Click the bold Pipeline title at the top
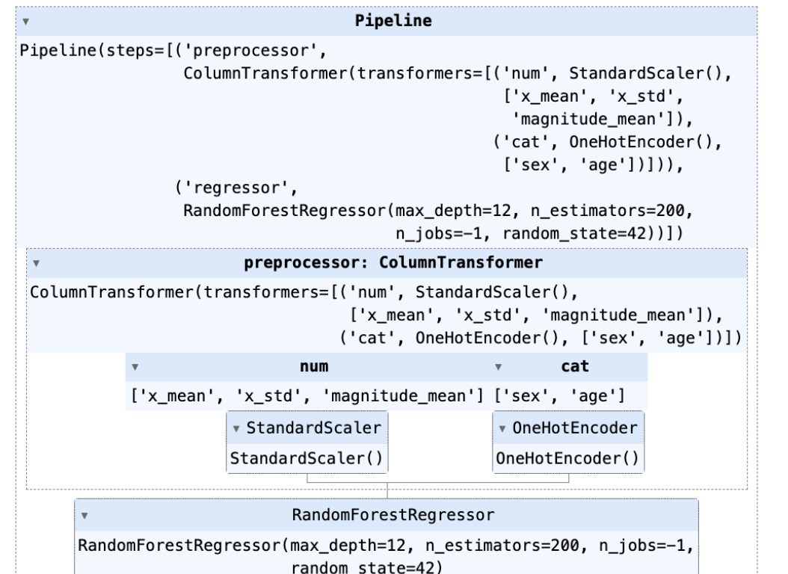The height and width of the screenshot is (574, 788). [393, 21]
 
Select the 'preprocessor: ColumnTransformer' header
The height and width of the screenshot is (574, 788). [393, 264]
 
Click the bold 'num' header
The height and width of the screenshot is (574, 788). [314, 366]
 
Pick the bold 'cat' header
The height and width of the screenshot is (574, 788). [574, 366]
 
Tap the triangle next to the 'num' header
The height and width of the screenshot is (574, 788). [135, 367]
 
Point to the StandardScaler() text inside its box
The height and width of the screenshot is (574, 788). [307, 457]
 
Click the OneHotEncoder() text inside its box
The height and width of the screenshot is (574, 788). [568, 457]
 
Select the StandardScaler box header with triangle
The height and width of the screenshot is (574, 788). [307, 428]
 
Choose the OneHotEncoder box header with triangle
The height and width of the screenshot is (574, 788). [568, 428]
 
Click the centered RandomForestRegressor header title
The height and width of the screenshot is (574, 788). [393, 515]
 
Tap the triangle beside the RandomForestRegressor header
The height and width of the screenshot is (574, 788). [84, 516]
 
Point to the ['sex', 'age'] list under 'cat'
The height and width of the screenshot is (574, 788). [560, 394]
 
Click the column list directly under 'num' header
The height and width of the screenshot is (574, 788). [307, 394]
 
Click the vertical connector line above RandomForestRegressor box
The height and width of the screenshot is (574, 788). [387, 491]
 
